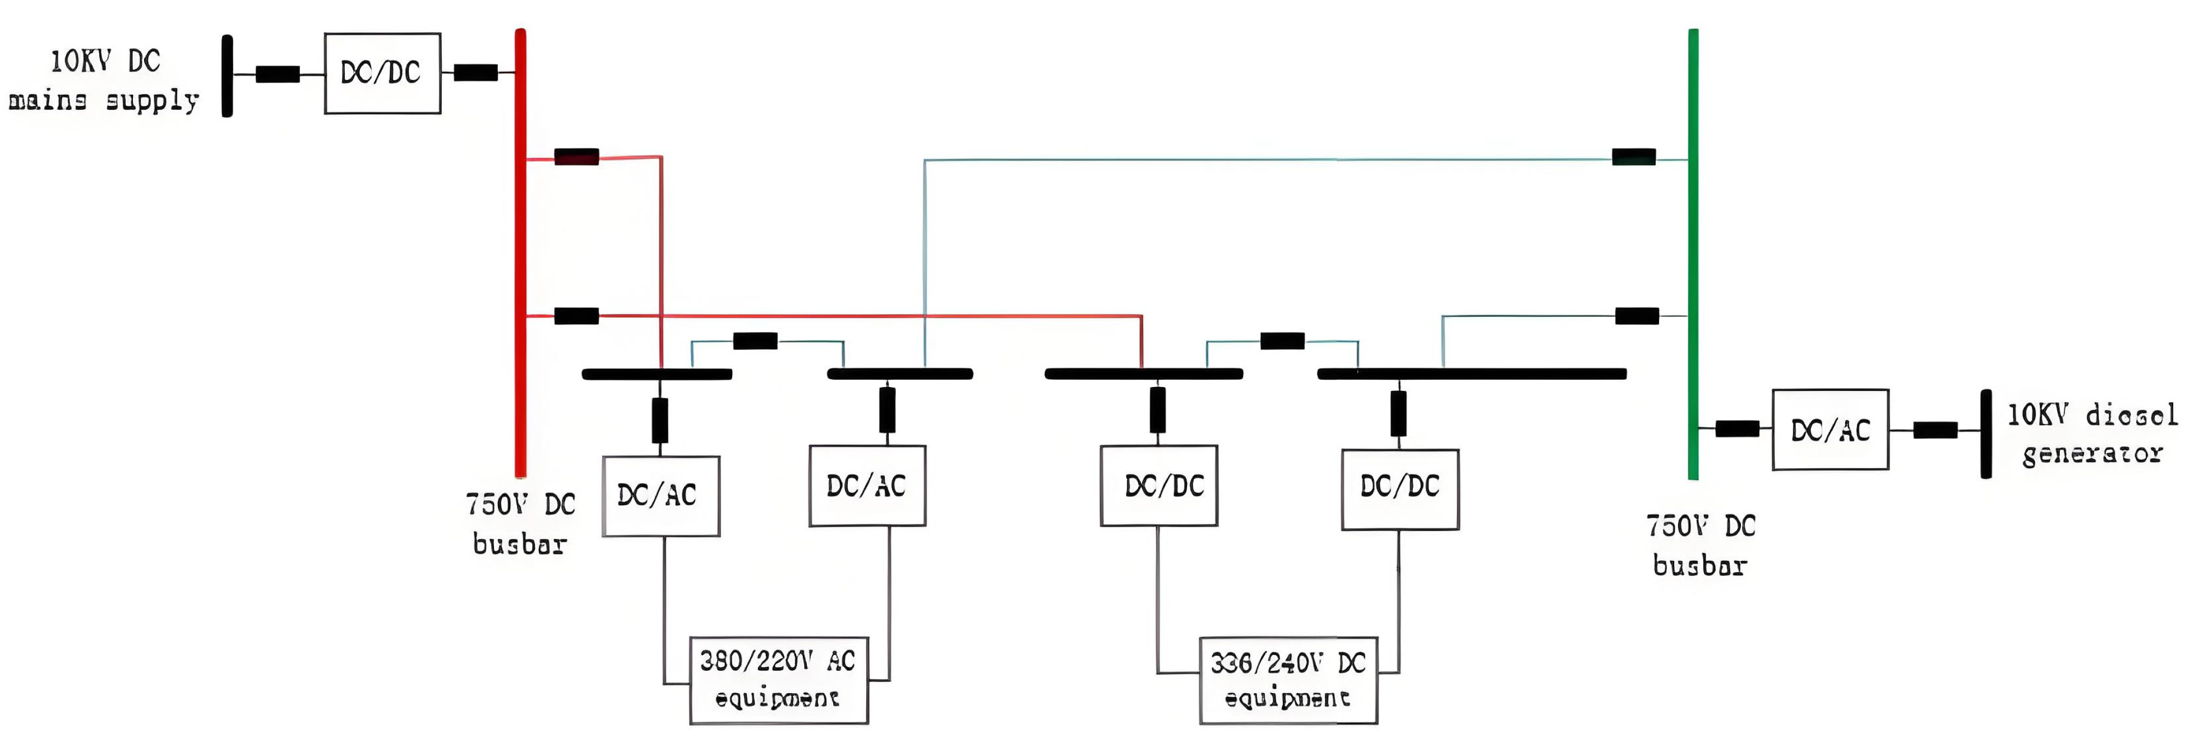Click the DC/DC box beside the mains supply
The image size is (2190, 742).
[x=382, y=73]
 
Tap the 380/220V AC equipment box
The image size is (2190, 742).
[x=778, y=680]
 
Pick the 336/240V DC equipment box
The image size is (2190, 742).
[x=1288, y=680]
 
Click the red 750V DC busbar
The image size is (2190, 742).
[x=520, y=255]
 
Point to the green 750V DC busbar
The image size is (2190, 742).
[x=1693, y=255]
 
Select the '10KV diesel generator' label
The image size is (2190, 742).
[x=2091, y=434]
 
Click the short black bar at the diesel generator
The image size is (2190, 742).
[x=1986, y=434]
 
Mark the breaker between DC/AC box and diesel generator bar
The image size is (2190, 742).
[x=1935, y=430]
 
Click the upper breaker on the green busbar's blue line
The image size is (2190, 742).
[x=1633, y=156]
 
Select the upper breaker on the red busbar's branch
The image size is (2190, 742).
[x=576, y=156]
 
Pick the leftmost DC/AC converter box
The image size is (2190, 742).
[x=660, y=496]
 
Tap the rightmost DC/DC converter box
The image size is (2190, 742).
[x=1399, y=488]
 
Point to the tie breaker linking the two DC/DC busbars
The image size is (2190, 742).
[x=1282, y=341]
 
